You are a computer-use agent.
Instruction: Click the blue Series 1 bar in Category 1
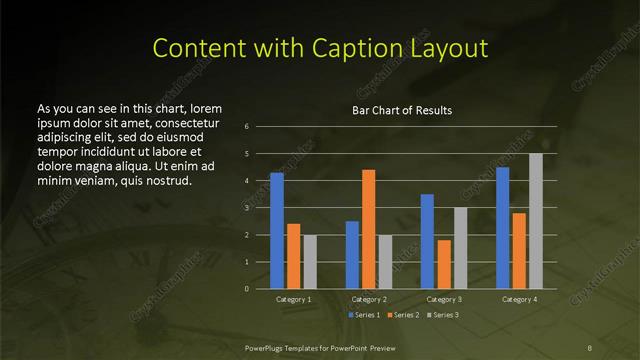[277, 231]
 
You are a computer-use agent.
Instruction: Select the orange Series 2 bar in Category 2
[368, 229]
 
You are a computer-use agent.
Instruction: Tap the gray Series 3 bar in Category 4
[535, 221]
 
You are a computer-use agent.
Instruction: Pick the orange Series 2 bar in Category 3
[444, 264]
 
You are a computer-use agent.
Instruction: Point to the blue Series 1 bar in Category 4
[502, 228]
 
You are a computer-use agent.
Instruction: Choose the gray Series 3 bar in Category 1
[309, 262]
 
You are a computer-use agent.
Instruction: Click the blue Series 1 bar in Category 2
[352, 255]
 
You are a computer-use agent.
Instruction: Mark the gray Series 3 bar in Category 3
[460, 248]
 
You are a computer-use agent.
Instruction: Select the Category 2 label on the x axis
[368, 299]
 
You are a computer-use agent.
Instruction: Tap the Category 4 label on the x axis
[519, 299]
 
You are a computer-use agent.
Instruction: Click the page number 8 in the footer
[590, 346]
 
